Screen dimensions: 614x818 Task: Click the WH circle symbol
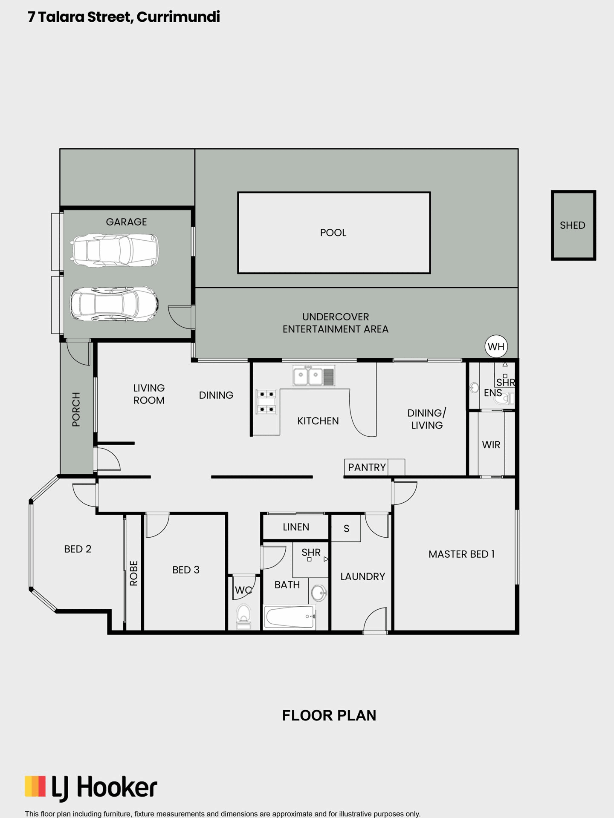(496, 347)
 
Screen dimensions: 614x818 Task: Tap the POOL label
(333, 233)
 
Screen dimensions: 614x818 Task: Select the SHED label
(572, 225)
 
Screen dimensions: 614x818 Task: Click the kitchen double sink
(314, 376)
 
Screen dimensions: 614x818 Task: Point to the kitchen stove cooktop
(266, 401)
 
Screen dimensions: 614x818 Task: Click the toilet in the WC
(243, 616)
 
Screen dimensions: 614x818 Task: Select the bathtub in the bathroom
(290, 617)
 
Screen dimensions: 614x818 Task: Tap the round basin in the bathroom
(319, 592)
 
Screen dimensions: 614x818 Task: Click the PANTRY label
(367, 467)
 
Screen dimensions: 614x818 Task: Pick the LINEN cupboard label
(296, 527)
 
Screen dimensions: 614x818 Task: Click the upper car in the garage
(114, 251)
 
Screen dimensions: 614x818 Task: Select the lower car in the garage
(114, 304)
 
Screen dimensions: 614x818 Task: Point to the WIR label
(491, 445)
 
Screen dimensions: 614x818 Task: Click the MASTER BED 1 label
(461, 554)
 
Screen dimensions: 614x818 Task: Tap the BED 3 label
(185, 570)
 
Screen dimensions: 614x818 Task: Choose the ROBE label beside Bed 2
(134, 573)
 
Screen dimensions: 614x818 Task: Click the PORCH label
(76, 409)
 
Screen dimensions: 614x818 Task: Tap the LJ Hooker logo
(91, 787)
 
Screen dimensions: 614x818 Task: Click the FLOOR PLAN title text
(329, 716)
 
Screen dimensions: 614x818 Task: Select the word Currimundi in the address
(178, 17)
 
